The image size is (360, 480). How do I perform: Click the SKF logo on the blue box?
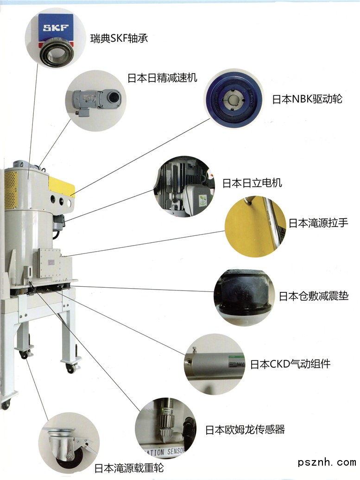(56, 28)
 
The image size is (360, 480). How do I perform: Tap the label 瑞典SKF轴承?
(119, 38)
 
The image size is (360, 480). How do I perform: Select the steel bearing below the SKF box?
(57, 53)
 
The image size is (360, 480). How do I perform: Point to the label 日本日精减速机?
(162, 78)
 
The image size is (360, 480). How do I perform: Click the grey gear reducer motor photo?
(96, 101)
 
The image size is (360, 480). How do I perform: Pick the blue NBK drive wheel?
(234, 99)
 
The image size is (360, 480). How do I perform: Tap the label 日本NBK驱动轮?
(307, 99)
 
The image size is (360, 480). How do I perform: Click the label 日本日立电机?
(252, 183)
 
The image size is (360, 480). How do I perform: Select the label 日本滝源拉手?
(318, 222)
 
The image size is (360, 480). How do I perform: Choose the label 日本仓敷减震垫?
(314, 296)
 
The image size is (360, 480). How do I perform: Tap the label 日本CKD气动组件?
(290, 364)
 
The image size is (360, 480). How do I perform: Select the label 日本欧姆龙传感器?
(245, 429)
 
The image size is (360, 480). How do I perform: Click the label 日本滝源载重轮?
(129, 468)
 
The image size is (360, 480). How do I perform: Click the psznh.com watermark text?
(327, 462)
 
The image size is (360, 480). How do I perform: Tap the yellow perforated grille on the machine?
(11, 190)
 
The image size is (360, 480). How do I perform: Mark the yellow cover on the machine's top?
(62, 186)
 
